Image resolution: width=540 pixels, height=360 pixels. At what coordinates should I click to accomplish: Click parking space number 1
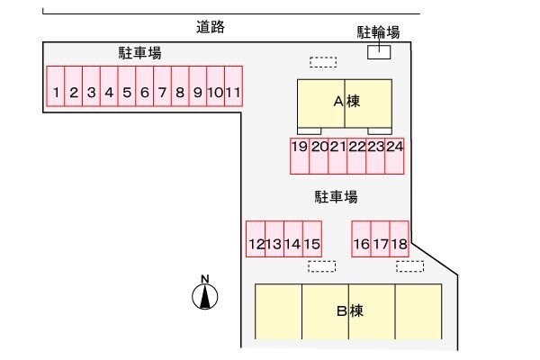[x=56, y=90]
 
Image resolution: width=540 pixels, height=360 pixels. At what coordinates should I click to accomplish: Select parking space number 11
[x=234, y=90]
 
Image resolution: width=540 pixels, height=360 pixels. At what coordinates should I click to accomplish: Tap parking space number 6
[x=144, y=90]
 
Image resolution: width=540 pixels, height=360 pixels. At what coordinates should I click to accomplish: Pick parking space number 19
[x=300, y=155]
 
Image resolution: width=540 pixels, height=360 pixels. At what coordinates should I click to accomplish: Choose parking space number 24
[x=394, y=155]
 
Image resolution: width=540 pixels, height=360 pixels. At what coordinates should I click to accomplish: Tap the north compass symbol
[x=205, y=293]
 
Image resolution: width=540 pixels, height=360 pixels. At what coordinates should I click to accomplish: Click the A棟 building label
[x=346, y=102]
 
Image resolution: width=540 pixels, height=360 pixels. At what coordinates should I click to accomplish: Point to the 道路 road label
[x=211, y=27]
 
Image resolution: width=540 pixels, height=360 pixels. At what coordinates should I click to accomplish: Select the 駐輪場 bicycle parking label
[x=379, y=32]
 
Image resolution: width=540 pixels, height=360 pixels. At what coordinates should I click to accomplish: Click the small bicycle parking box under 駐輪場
[x=379, y=51]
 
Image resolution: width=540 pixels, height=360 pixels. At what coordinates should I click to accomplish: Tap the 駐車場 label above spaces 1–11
[x=139, y=53]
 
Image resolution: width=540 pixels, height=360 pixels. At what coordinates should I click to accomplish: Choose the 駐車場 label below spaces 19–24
[x=337, y=196]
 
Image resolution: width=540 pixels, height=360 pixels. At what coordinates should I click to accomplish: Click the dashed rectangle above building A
[x=322, y=62]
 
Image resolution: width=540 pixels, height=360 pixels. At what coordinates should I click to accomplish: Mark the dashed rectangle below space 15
[x=321, y=266]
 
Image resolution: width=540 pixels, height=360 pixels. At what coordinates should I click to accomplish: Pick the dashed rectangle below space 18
[x=409, y=266]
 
